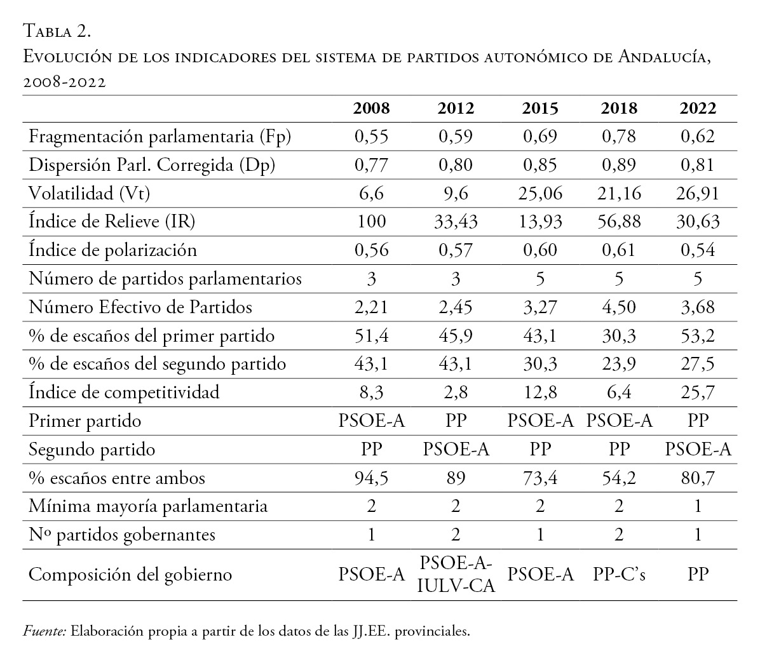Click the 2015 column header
539,108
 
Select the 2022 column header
698,108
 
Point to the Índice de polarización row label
113,250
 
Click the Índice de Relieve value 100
371,222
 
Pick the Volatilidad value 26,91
698,193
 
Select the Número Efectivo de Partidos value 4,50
619,307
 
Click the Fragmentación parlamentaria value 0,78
619,136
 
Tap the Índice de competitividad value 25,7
698,392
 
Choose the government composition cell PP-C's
619,574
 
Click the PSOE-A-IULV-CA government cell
456,574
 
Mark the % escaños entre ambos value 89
456,478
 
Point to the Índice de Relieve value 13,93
539,222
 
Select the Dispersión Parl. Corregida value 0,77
371,164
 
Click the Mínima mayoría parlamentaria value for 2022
698,506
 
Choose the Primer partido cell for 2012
456,420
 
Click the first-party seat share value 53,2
698,335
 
